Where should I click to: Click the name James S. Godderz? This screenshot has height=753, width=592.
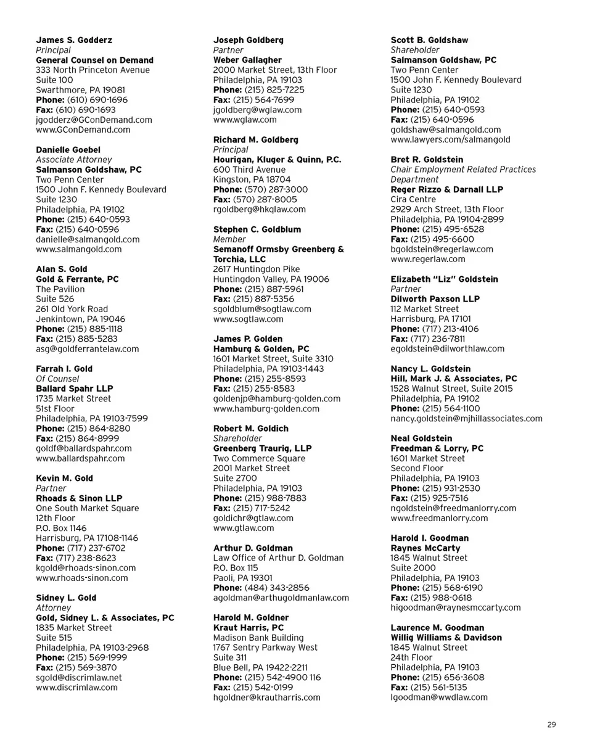pos(74,40)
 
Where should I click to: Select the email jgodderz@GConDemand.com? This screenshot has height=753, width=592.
pos(94,120)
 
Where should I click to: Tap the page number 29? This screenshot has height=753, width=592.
pos(551,725)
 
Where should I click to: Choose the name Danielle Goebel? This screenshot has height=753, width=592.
pos(68,150)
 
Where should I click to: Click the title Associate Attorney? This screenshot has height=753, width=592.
pos(74,160)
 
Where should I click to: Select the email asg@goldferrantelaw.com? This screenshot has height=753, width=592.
pos(88,349)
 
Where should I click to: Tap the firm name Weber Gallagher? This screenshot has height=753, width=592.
pos(247,60)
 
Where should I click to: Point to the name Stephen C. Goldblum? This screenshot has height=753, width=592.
pos(257,229)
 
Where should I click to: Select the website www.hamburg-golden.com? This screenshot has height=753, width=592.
pos(266,408)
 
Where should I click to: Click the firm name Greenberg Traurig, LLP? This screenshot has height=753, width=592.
pos(262,448)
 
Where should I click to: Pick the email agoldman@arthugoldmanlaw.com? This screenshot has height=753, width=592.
pos(281,598)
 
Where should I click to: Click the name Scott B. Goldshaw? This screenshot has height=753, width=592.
pos(429,40)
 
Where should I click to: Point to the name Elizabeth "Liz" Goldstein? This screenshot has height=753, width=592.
pos(444,279)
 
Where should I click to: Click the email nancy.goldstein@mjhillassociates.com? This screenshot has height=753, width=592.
pos(466,419)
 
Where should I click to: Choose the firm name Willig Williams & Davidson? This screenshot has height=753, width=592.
pos(446,638)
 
